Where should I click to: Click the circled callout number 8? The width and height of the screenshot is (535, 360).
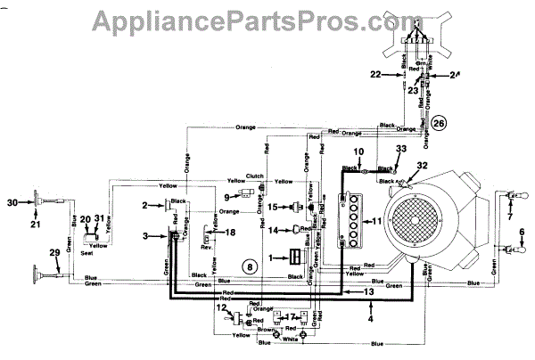(251, 266)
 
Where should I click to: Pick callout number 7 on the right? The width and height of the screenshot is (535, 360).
(511, 217)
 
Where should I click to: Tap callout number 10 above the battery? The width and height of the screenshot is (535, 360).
(358, 151)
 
